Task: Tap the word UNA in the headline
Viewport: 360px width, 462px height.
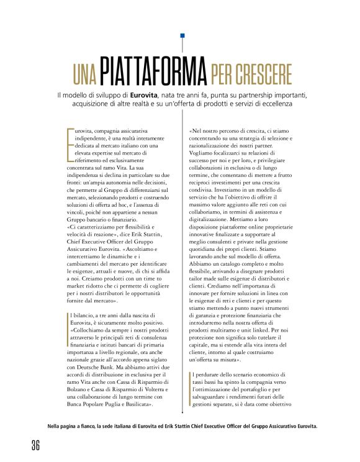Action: (83, 75)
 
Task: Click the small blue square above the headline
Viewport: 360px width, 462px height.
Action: (182, 37)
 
